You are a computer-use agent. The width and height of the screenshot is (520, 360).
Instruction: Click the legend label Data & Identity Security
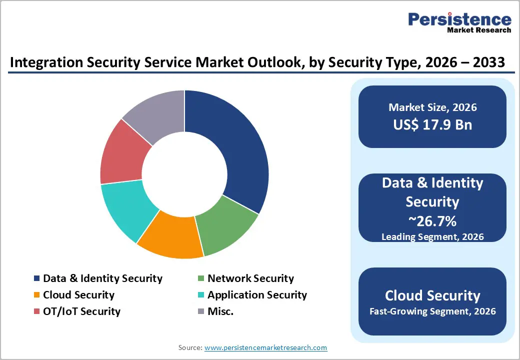point(102,278)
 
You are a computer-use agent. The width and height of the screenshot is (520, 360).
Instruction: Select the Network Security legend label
point(250,278)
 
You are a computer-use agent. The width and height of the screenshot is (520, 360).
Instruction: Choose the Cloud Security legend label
point(78,295)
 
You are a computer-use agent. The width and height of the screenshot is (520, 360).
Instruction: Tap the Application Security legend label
point(257,295)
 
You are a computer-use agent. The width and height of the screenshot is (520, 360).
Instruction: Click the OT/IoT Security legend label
point(81,311)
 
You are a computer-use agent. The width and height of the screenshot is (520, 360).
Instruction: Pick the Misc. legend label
point(220,311)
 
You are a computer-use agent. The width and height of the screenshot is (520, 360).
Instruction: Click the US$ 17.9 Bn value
point(432,124)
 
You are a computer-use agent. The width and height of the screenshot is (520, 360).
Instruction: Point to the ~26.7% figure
point(432,220)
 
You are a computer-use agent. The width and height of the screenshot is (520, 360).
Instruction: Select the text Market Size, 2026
point(432,107)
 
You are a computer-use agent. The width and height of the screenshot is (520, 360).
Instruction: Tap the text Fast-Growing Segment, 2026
point(432,311)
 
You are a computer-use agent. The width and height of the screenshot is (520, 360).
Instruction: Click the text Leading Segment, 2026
point(432,236)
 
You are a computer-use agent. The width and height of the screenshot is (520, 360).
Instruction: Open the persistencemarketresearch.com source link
point(265,347)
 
